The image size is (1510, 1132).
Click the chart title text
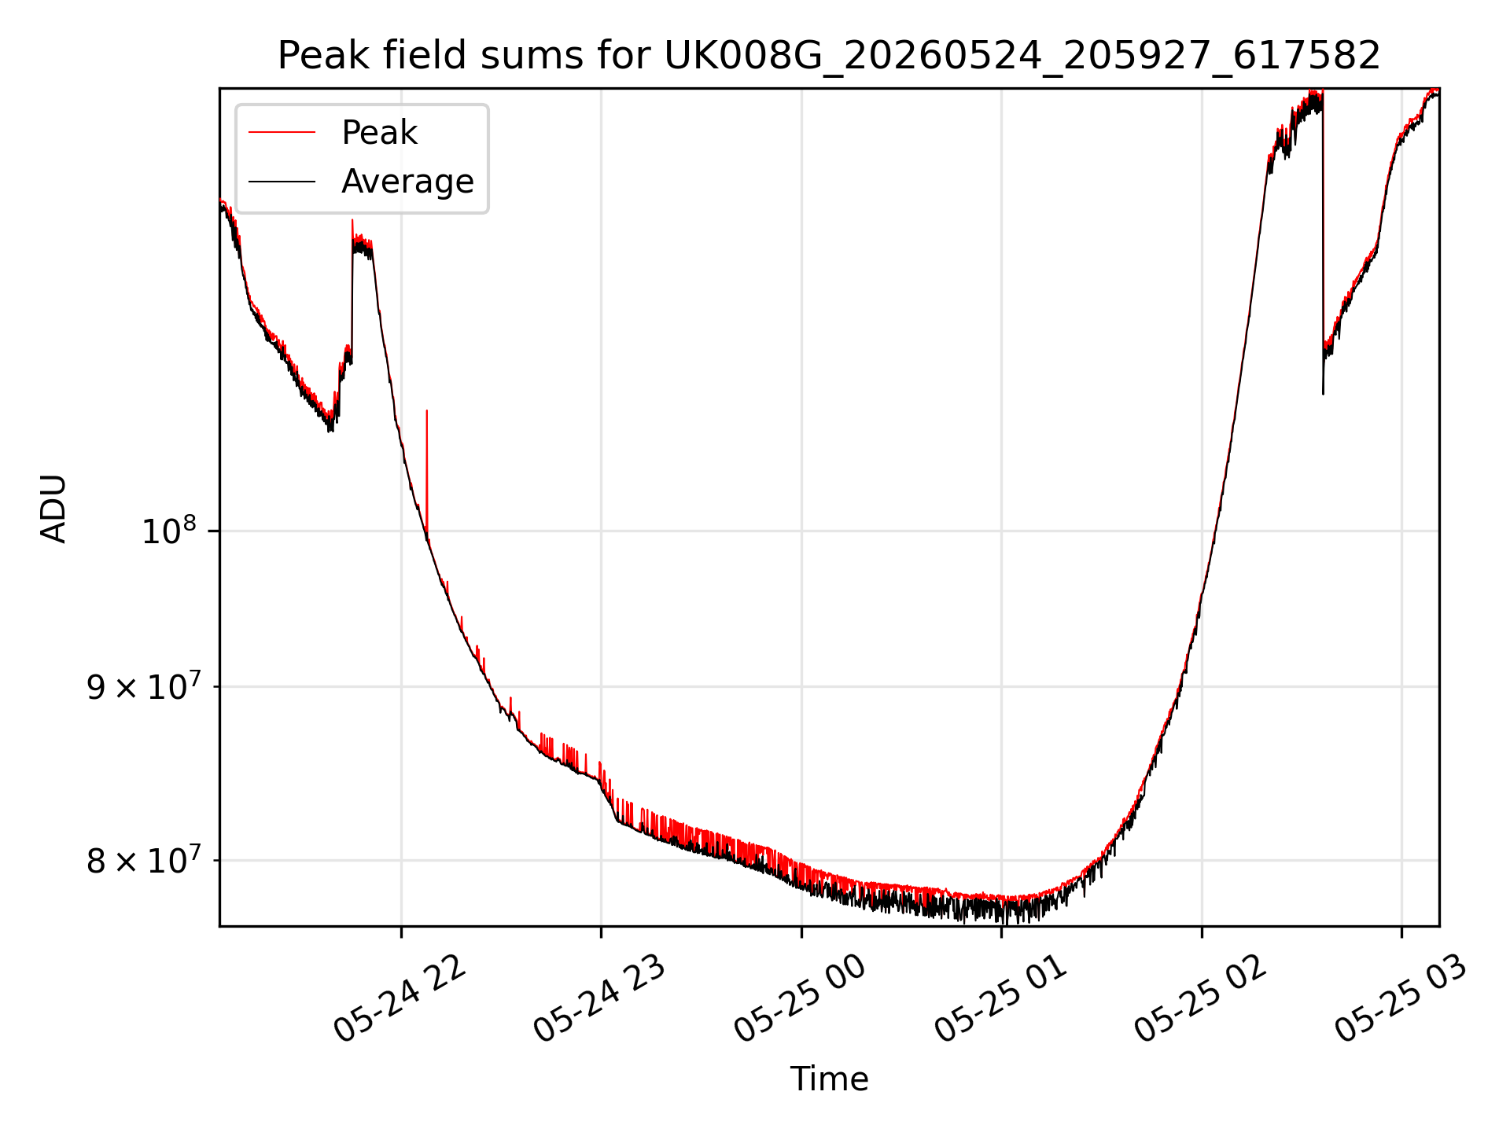(x=829, y=56)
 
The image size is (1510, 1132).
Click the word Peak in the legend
(x=379, y=133)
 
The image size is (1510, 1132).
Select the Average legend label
(x=407, y=182)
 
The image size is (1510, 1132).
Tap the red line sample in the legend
(x=282, y=133)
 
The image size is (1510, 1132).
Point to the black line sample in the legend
(x=282, y=182)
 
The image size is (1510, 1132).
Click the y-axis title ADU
(x=53, y=508)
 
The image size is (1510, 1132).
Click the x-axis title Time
(x=829, y=1079)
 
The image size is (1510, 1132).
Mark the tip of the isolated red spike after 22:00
(x=426, y=410)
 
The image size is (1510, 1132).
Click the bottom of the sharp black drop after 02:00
(x=1323, y=393)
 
